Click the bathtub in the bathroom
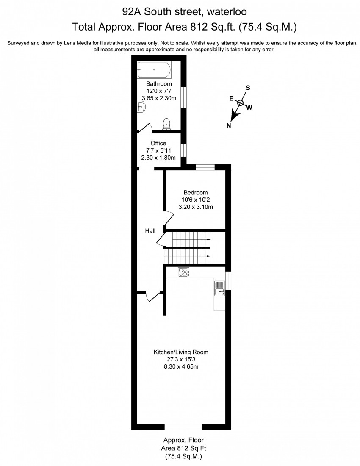(154, 69)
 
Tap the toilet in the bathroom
(167, 123)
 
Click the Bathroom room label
(159, 84)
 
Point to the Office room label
(158, 144)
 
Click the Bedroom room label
(195, 193)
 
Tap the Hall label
(150, 231)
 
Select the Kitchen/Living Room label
(181, 352)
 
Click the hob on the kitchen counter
(183, 272)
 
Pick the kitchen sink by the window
(220, 288)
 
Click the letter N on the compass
(229, 125)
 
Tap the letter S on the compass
(248, 88)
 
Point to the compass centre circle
(240, 103)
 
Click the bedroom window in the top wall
(205, 167)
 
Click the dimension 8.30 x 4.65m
(181, 367)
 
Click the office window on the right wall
(183, 150)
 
